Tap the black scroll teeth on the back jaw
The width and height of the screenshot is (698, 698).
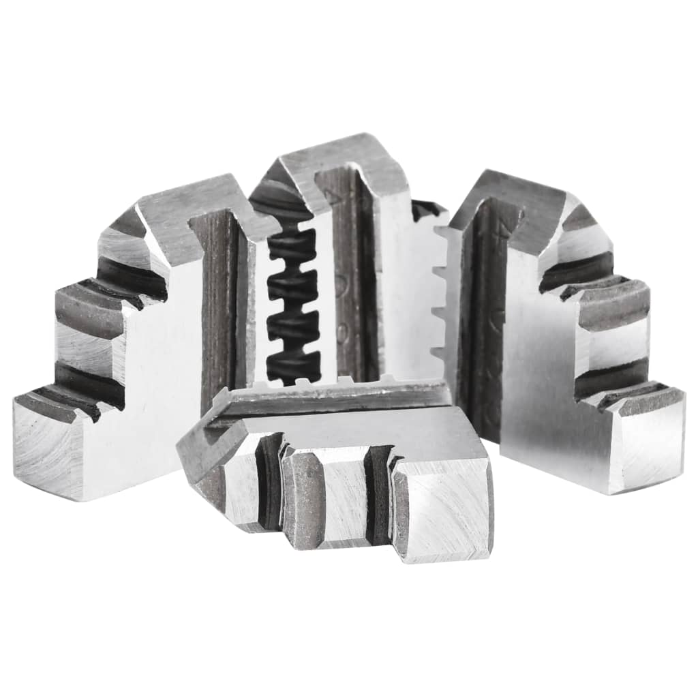293,300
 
